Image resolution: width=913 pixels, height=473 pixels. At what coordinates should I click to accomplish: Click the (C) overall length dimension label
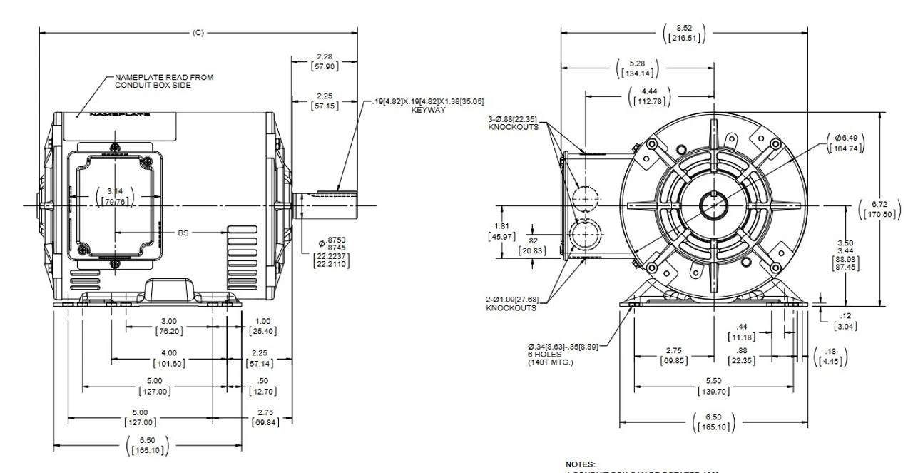pyautogui.click(x=198, y=33)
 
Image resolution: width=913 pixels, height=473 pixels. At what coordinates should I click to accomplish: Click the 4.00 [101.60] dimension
pyautogui.click(x=169, y=358)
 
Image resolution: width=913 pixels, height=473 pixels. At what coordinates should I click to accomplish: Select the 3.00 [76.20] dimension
pyautogui.click(x=169, y=326)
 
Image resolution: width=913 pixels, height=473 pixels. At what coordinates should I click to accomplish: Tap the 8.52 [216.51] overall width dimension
pyautogui.click(x=684, y=33)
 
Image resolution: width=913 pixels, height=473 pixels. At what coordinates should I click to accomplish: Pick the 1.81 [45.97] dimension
pyautogui.click(x=501, y=231)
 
